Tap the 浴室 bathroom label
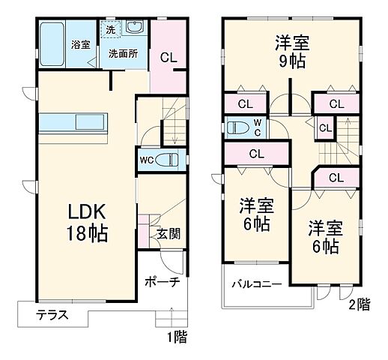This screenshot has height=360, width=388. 81,44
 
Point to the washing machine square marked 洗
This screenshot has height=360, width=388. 110,31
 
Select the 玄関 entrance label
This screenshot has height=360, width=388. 167,233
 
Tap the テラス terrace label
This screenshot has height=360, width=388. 52,315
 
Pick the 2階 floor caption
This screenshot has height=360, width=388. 359,305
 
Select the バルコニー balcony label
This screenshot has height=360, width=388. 255,285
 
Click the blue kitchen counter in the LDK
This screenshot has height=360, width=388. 76,121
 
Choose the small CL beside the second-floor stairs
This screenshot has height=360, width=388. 325,127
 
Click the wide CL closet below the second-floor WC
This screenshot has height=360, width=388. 256,154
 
